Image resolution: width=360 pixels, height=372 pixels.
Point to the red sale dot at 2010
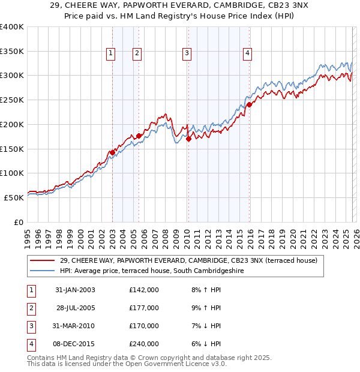(x=188, y=139)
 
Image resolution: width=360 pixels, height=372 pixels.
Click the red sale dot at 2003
(x=112, y=152)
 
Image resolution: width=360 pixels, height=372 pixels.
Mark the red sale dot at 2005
(x=139, y=136)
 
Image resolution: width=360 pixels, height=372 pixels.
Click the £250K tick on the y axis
(x=12, y=100)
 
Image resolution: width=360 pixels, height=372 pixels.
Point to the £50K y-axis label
(x=14, y=197)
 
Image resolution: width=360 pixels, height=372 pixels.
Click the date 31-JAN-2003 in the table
(x=75, y=290)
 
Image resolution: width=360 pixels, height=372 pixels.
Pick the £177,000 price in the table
(x=143, y=308)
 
